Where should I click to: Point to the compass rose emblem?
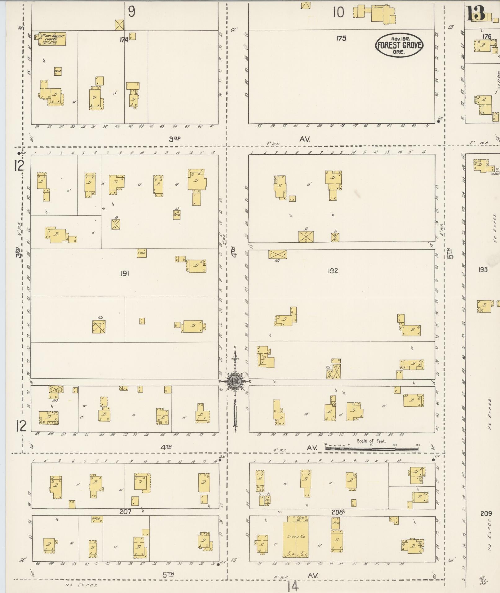(235, 382)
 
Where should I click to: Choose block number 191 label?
(125, 273)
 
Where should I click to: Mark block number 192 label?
(332, 271)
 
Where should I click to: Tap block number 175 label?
(341, 38)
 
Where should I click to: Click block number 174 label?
(124, 40)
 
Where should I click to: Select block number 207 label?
(125, 512)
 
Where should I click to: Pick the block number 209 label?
(486, 513)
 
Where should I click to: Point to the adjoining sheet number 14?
(293, 586)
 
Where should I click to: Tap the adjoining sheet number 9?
(132, 12)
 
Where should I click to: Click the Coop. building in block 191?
(141, 253)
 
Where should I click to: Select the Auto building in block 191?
(177, 215)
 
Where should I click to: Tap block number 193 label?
(483, 269)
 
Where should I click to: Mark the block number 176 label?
(487, 37)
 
